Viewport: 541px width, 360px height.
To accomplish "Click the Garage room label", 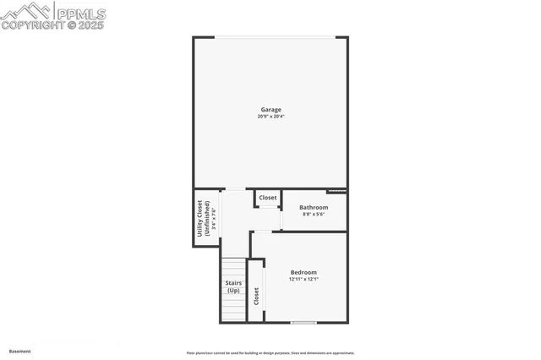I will click(270, 109).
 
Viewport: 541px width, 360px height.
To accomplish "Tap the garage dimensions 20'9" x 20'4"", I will click(270, 116).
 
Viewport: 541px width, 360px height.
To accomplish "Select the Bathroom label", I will click(313, 207).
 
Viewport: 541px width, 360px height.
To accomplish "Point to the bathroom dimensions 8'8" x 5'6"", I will click(313, 214).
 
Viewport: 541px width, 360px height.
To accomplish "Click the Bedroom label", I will click(303, 272).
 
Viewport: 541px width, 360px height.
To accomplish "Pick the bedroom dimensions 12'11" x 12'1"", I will click(303, 279).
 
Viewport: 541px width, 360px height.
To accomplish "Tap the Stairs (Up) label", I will click(233, 286).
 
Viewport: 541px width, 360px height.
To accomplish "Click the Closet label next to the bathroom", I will click(267, 198).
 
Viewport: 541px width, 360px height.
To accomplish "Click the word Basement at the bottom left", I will click(19, 351).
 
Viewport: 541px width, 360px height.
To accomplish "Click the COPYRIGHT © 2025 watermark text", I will click(52, 25).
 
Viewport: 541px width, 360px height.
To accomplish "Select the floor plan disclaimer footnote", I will click(270, 353).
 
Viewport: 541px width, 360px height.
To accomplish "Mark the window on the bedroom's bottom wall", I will click(303, 322).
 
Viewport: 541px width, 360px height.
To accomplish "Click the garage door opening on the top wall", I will click(270, 37).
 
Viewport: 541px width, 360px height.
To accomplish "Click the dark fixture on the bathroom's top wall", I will click(336, 191).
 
